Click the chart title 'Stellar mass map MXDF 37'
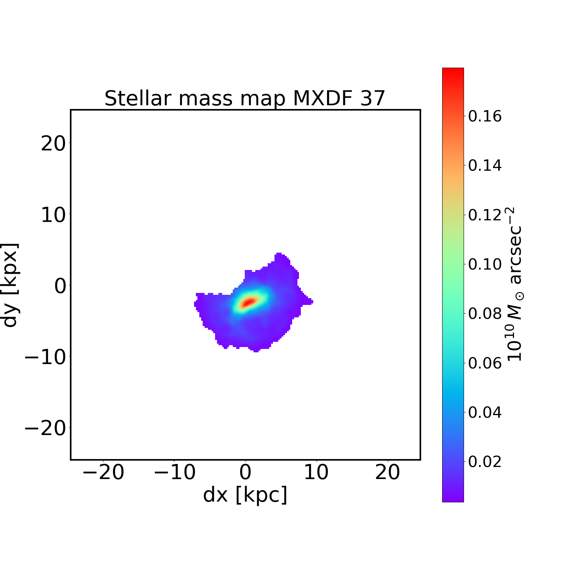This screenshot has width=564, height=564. (245, 99)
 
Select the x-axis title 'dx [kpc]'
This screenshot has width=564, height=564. (245, 495)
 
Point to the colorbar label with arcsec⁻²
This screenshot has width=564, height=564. (515, 285)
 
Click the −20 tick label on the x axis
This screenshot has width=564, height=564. (103, 473)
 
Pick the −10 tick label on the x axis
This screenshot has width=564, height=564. (174, 473)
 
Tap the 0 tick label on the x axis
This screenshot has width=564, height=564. (245, 473)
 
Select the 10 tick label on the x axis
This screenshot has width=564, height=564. (316, 473)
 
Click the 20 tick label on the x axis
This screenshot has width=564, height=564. (388, 473)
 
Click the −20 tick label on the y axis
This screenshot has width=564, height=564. (45, 428)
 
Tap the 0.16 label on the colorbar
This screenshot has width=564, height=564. (485, 117)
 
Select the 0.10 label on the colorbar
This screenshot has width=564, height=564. (485, 264)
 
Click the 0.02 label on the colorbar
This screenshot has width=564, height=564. (485, 462)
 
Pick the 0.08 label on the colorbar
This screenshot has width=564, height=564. (485, 314)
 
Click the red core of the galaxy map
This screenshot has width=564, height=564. (248, 302)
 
